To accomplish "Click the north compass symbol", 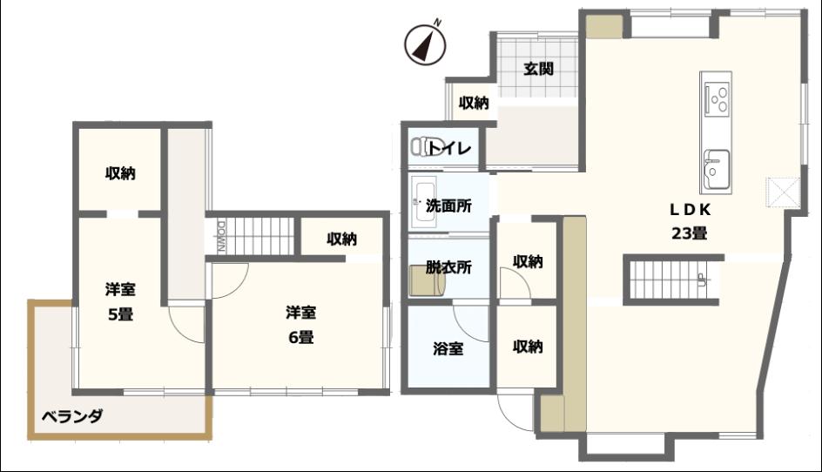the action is pyautogui.click(x=425, y=44).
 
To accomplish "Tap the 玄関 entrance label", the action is pyautogui.click(x=538, y=69).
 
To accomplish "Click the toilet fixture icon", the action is pyautogui.click(x=421, y=146).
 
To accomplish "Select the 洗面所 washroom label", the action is pyautogui.click(x=448, y=206).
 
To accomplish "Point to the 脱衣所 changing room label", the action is pyautogui.click(x=448, y=267).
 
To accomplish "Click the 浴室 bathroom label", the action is pyautogui.click(x=448, y=348).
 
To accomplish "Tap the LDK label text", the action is pyautogui.click(x=691, y=210).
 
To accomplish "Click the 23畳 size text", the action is pyautogui.click(x=690, y=233).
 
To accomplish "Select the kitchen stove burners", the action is pyautogui.click(x=716, y=98).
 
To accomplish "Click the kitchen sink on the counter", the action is pyautogui.click(x=716, y=168).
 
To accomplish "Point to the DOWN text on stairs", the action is pyautogui.click(x=221, y=237).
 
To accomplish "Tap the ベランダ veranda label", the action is pyautogui.click(x=72, y=416).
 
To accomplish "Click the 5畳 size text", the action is pyautogui.click(x=120, y=314).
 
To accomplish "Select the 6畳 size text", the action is pyautogui.click(x=301, y=337).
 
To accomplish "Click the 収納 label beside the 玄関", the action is pyautogui.click(x=474, y=104).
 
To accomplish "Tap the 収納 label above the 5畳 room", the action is pyautogui.click(x=120, y=173).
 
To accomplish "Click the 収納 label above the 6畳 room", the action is pyautogui.click(x=342, y=239).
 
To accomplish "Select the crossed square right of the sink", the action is pyautogui.click(x=783, y=193).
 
